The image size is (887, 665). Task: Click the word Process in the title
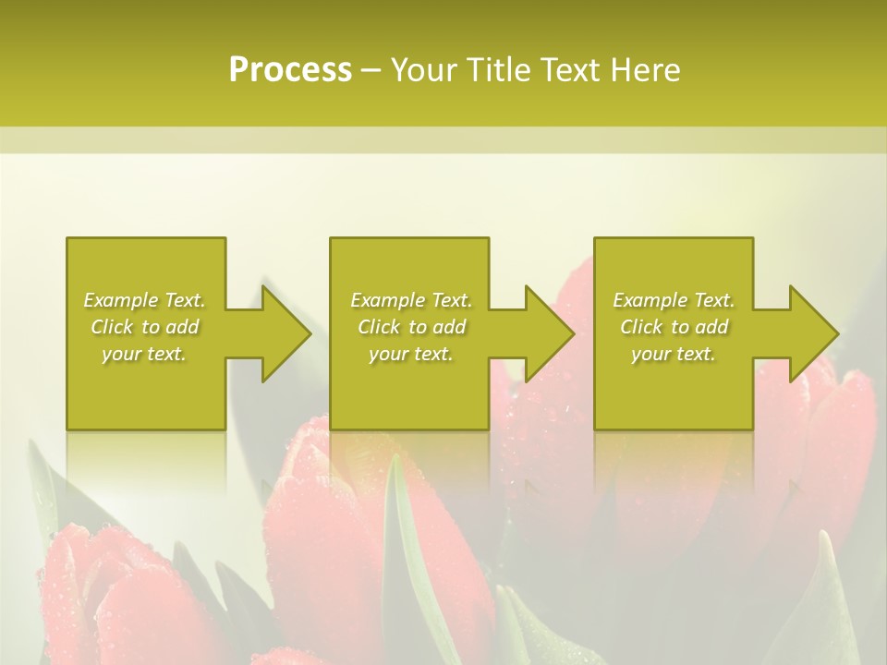click(x=290, y=70)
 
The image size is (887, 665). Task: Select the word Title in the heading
click(x=501, y=70)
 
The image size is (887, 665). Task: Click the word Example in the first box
click(x=120, y=300)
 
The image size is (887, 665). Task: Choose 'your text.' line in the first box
click(x=144, y=354)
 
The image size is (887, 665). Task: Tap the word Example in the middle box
click(x=387, y=300)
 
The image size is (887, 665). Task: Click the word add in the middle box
click(x=448, y=327)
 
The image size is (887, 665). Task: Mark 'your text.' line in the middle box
click(x=410, y=354)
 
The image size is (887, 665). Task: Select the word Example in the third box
click(x=650, y=300)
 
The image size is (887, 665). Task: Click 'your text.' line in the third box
click(x=674, y=354)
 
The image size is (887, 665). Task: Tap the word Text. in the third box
click(x=713, y=300)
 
